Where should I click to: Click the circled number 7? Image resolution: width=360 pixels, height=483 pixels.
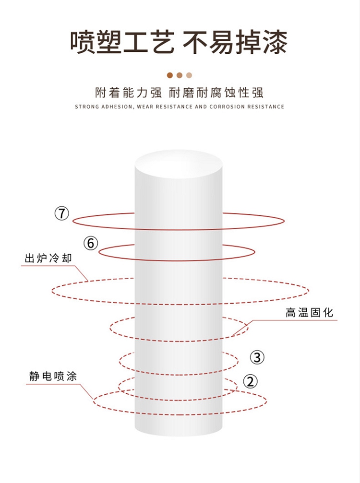pyautogui.click(x=61, y=213)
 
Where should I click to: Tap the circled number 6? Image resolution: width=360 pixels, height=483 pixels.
pyautogui.click(x=91, y=243)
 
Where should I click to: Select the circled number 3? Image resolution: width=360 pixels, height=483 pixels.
pyautogui.click(x=257, y=357)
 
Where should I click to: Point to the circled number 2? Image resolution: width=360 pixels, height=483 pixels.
pyautogui.click(x=250, y=382)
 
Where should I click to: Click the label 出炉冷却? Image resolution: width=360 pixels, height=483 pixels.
pyautogui.click(x=48, y=258)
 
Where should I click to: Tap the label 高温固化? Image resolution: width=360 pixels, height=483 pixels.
pyautogui.click(x=310, y=313)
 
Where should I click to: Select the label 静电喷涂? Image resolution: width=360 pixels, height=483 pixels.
pyautogui.click(x=53, y=376)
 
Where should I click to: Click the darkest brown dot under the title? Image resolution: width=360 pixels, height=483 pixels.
pyautogui.click(x=170, y=75)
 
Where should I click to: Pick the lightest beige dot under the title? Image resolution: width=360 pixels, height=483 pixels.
pyautogui.click(x=189, y=75)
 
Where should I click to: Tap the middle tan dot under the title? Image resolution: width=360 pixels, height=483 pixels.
pyautogui.click(x=180, y=75)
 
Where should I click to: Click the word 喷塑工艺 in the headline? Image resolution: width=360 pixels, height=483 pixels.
pyautogui.click(x=122, y=42)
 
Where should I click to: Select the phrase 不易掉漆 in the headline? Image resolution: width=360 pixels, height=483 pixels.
pyautogui.click(x=235, y=42)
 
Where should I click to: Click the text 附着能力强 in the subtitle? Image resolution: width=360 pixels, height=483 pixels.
pyautogui.click(x=128, y=93)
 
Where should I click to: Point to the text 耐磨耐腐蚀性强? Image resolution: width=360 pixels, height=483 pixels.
pyautogui.click(x=216, y=93)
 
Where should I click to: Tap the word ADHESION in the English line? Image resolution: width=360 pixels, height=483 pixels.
pyautogui.click(x=118, y=107)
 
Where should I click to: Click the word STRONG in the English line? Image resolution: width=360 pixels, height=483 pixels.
pyautogui.click(x=87, y=107)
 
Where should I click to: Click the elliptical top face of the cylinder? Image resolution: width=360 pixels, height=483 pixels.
pyautogui.click(x=179, y=164)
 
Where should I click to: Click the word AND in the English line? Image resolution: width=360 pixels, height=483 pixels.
pyautogui.click(x=201, y=107)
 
